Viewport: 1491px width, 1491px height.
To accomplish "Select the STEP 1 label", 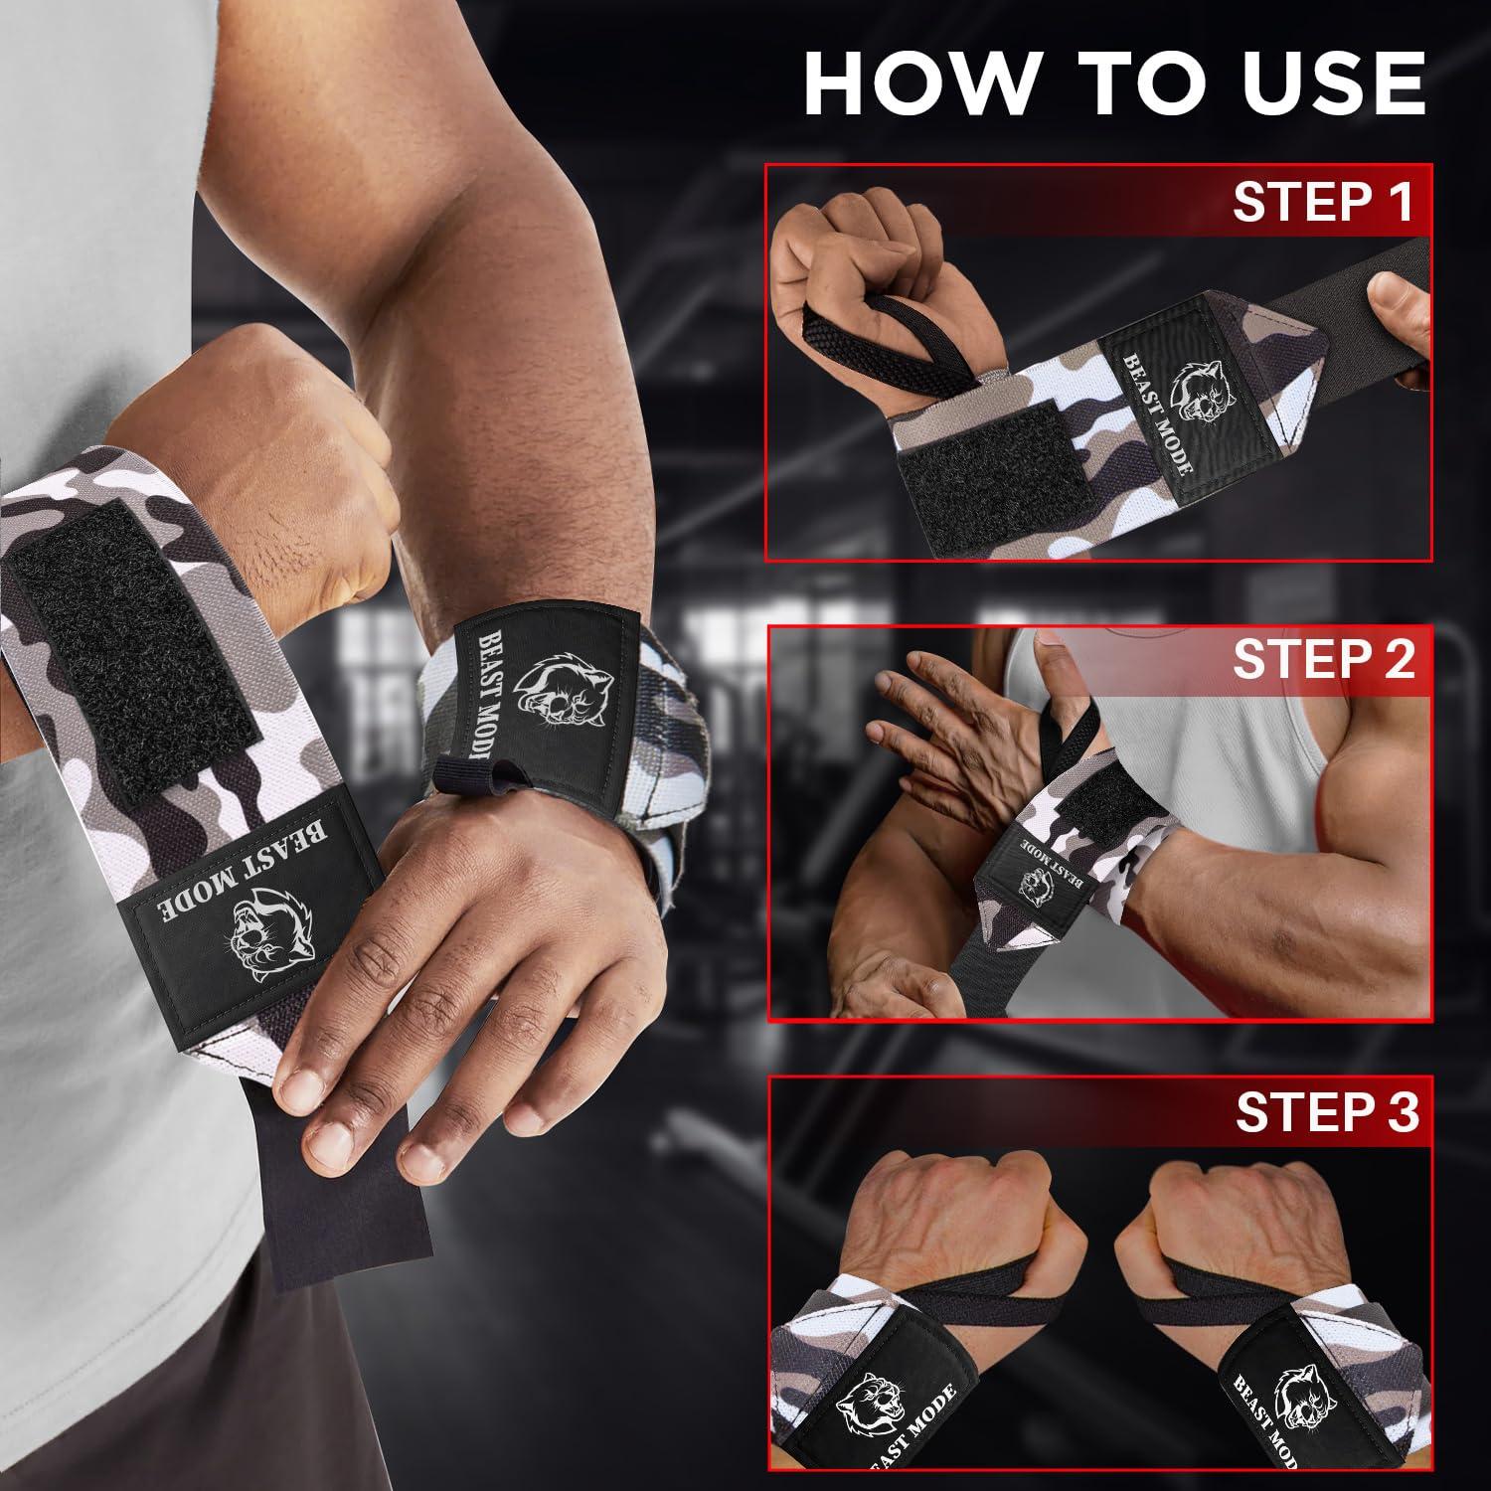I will pyautogui.click(x=1322, y=202).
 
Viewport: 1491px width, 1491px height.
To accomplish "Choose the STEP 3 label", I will pyautogui.click(x=1326, y=1114).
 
